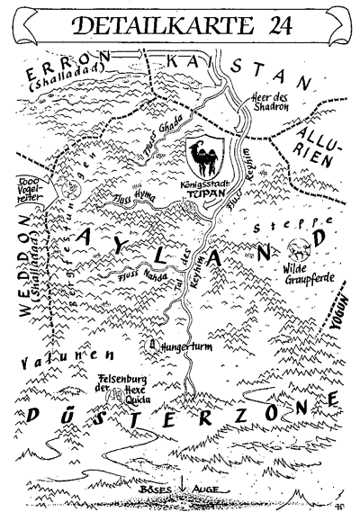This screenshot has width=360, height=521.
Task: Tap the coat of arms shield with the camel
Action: click(x=204, y=156)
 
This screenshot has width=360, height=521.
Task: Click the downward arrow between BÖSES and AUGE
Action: click(x=183, y=493)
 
